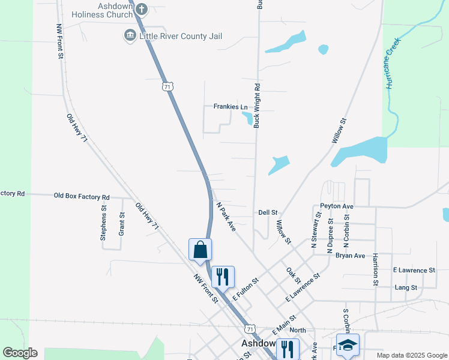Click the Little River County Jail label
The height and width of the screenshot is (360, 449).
pyautogui.click(x=180, y=36)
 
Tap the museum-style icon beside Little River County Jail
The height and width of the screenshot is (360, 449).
pyautogui.click(x=130, y=36)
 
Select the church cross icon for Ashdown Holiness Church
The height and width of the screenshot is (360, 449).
pyautogui.click(x=142, y=9)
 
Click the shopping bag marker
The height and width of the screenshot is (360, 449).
pyautogui.click(x=200, y=250)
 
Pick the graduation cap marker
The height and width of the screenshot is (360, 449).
pyautogui.click(x=348, y=345)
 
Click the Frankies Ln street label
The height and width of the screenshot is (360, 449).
pyautogui.click(x=231, y=107)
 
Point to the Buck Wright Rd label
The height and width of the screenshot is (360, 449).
pyautogui.click(x=257, y=106)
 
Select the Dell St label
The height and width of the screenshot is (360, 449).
pyautogui.click(x=268, y=212)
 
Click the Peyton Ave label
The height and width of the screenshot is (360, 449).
pyautogui.click(x=337, y=206)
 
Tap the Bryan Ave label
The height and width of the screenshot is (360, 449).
pyautogui.click(x=351, y=256)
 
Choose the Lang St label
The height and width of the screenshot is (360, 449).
pyautogui.click(x=406, y=287)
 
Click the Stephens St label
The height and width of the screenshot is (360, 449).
pyautogui.click(x=103, y=224)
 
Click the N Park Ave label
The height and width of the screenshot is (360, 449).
pyautogui.click(x=226, y=216)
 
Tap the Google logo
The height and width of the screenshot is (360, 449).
pyautogui.click(x=20, y=353)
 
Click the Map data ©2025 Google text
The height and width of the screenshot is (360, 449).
pyautogui.click(x=411, y=355)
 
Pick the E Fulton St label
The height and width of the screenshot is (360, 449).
pyautogui.click(x=245, y=289)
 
